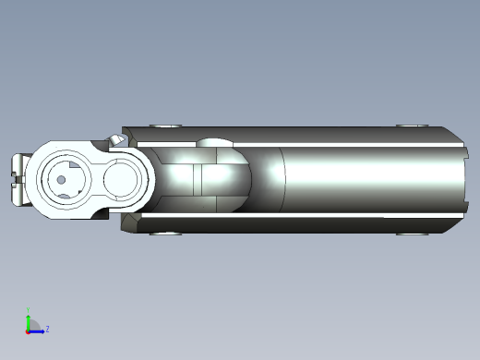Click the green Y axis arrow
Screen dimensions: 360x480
(x=28, y=319)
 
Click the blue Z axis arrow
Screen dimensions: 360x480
(x=38, y=330)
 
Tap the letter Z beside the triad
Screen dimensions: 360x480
(x=47, y=329)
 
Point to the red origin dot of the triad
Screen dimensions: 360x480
(x=28, y=330)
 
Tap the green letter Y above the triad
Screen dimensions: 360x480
(x=28, y=311)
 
